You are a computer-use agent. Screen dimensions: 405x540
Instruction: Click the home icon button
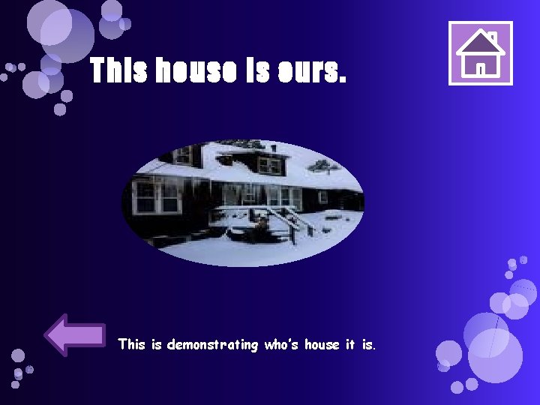(481, 53)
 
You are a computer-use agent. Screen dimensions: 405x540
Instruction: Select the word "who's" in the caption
(281, 345)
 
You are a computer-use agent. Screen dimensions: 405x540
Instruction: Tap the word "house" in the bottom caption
(322, 345)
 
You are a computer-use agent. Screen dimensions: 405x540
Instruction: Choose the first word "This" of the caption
(131, 345)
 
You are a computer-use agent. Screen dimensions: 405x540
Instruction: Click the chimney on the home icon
(492, 37)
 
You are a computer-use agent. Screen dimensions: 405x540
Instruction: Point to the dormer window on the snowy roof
(268, 163)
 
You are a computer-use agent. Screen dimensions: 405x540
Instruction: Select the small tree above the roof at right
(324, 166)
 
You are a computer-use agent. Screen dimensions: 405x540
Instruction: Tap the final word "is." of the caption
(368, 345)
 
